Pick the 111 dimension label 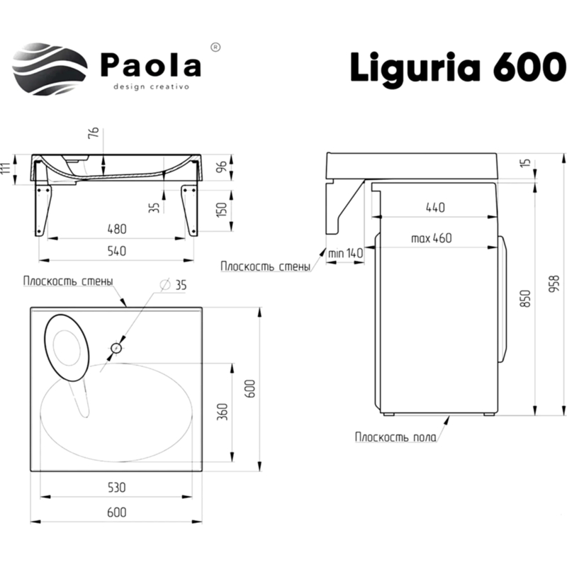[6, 169]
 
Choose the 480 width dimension [117, 228]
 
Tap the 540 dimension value [117, 250]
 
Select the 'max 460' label [431, 237]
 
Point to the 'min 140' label [345, 252]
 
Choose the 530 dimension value [117, 487]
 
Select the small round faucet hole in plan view [116, 348]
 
